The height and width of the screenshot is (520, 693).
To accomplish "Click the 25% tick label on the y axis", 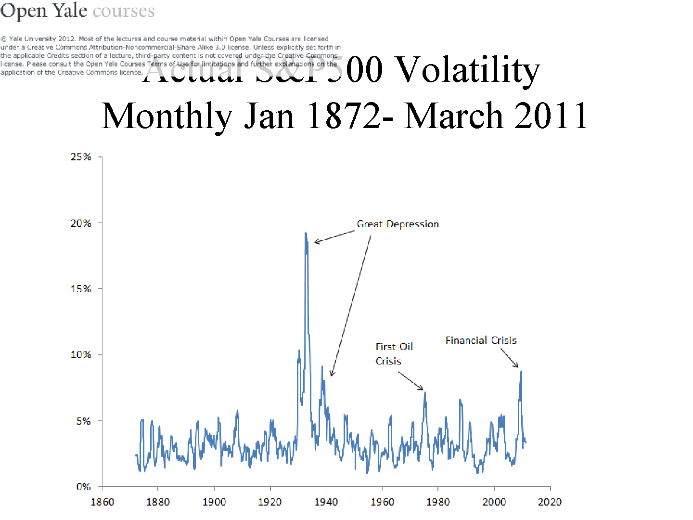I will tap(81, 157).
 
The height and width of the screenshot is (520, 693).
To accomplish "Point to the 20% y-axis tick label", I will tap(81, 223).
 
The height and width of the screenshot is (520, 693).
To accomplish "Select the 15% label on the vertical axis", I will tap(81, 289).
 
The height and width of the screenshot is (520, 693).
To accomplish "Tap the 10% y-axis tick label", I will tap(81, 355).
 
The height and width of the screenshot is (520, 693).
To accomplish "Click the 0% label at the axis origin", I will tap(84, 487).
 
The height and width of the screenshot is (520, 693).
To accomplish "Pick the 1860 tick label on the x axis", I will tap(102, 502).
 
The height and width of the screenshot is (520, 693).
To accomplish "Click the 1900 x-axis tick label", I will tap(214, 502).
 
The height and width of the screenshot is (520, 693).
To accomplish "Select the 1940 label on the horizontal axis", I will tap(326, 502).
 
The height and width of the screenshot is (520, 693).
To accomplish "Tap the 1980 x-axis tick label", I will tap(438, 502).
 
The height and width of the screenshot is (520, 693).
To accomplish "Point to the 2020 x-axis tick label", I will tap(550, 502).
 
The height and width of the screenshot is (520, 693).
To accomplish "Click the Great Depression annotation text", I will tap(398, 224).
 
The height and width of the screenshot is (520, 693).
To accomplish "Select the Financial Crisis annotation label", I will tap(481, 340).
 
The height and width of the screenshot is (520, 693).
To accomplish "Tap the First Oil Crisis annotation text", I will tap(394, 354).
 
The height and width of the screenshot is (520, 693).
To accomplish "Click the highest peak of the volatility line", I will tap(306, 233).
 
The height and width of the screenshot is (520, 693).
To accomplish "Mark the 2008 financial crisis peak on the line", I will tap(521, 372).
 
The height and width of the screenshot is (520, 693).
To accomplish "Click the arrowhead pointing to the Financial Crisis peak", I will tap(517, 366).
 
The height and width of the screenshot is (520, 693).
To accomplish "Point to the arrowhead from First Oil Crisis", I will tap(421, 388).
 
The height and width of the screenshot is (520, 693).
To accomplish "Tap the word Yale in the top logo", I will tap(69, 11).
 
